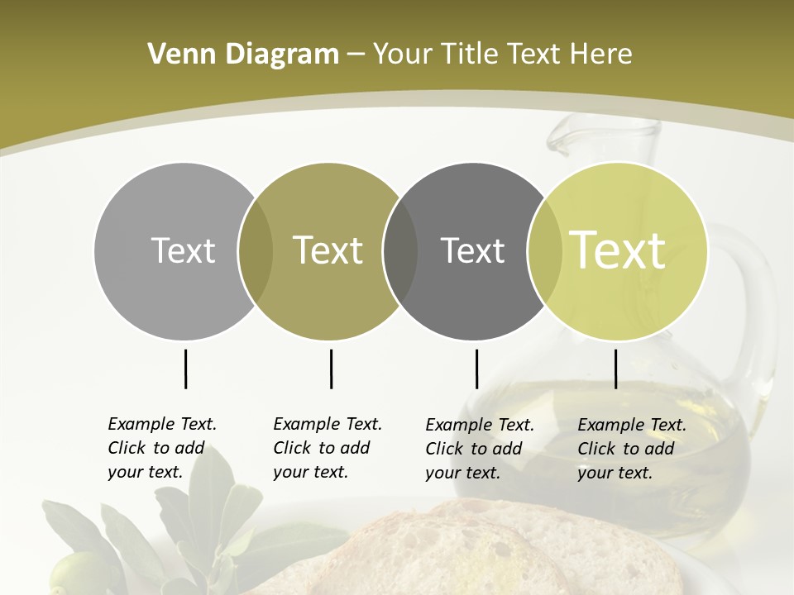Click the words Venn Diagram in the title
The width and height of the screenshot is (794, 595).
click(x=242, y=55)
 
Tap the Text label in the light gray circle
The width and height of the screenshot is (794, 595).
click(x=183, y=250)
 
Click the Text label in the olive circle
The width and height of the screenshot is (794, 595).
click(x=328, y=250)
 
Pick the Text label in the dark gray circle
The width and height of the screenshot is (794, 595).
click(x=473, y=250)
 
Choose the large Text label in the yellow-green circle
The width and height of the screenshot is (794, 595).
click(x=618, y=250)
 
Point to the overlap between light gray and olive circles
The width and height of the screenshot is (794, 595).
click(x=256, y=251)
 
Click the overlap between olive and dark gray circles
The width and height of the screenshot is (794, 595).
click(x=400, y=251)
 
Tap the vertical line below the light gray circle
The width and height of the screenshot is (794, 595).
click(x=185, y=369)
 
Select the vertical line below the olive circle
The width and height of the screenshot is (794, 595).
click(x=331, y=369)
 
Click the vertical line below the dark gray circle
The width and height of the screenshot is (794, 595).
click(x=476, y=369)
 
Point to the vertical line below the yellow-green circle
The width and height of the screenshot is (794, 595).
click(x=615, y=369)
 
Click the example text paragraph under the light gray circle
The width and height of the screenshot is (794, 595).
click(x=161, y=448)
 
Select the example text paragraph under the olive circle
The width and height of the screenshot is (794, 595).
click(x=327, y=448)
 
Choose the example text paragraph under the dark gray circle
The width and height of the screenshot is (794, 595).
click(x=479, y=449)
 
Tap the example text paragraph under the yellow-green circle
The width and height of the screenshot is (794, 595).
click(x=631, y=449)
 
